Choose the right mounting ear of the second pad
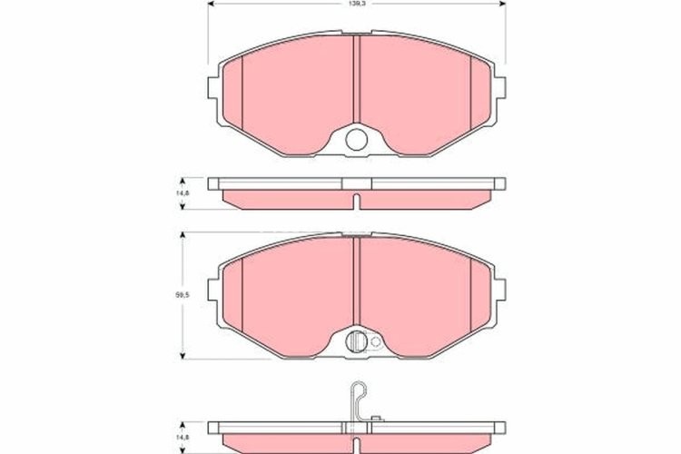click(497, 289)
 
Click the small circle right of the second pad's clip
click(375, 342)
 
